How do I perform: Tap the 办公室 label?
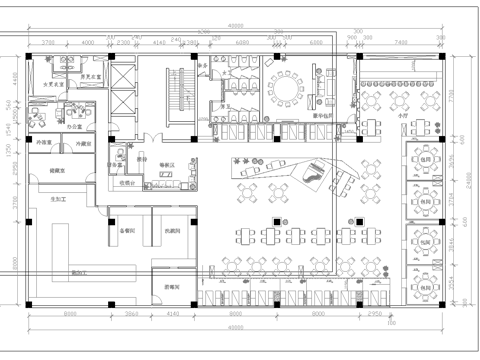pyautogui.click(x=74, y=128)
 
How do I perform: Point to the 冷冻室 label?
pyautogui.click(x=45, y=145)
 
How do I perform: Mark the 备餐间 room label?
pyautogui.click(x=127, y=230)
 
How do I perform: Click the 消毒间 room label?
pyautogui.click(x=173, y=287)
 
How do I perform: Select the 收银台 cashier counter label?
pyautogui.click(x=129, y=183)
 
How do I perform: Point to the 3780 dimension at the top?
pyautogui.click(x=48, y=43)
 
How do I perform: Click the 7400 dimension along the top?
pyautogui.click(x=401, y=43)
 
